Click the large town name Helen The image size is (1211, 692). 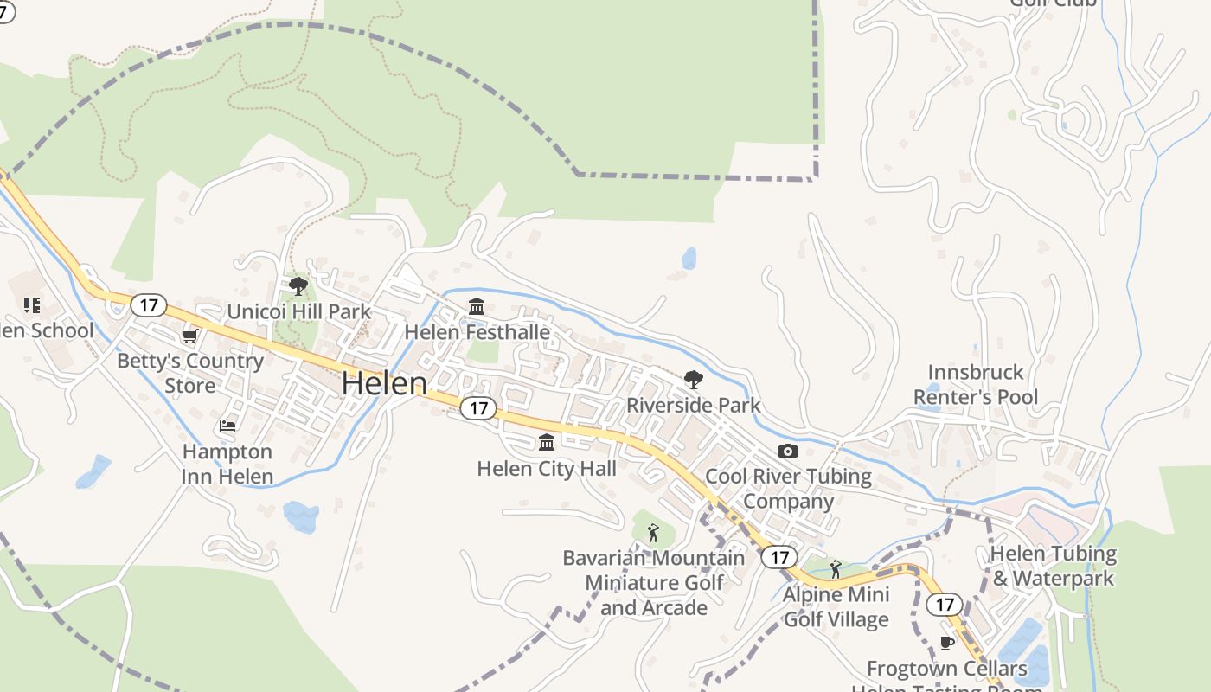(x=384, y=383)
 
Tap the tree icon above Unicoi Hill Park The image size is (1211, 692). (x=298, y=285)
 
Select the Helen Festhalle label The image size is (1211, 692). (x=477, y=332)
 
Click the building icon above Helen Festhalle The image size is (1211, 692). (x=477, y=306)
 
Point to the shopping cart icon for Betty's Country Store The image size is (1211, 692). (x=189, y=336)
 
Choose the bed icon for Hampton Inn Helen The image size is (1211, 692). (x=227, y=426)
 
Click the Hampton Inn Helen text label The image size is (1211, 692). (x=227, y=464)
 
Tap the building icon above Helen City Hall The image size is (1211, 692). (x=547, y=443)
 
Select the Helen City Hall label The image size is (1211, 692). (x=547, y=469)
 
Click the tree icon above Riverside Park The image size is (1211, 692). (x=693, y=379)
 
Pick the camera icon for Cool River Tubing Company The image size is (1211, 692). (x=787, y=451)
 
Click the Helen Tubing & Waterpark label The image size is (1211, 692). (x=1053, y=566)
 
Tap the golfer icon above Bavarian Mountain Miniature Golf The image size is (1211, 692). (x=653, y=532)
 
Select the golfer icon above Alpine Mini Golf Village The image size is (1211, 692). (x=835, y=569)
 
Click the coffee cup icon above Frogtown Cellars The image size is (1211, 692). (x=946, y=643)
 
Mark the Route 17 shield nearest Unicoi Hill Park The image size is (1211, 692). (x=149, y=304)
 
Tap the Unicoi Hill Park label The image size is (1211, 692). (x=298, y=311)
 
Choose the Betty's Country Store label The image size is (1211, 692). (x=190, y=373)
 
